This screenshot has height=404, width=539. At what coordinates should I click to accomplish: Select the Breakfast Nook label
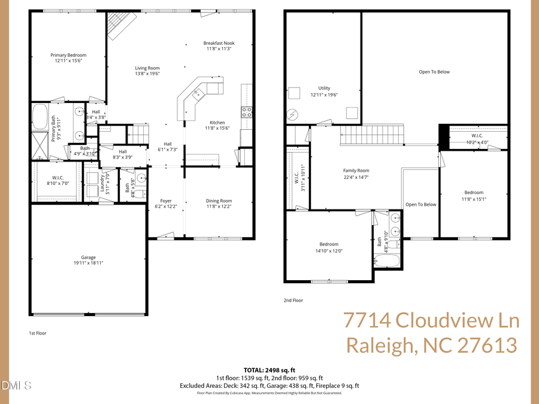click(x=219, y=43)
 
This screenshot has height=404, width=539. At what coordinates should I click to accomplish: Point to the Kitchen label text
click(x=217, y=122)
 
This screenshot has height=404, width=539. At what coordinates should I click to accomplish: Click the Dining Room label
click(x=219, y=201)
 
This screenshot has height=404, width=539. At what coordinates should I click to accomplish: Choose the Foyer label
click(x=166, y=201)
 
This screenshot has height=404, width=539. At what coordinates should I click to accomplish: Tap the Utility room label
click(x=324, y=88)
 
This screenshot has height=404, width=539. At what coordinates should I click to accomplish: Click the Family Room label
click(x=356, y=171)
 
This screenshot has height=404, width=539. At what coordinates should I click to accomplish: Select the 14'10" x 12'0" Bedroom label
click(x=329, y=244)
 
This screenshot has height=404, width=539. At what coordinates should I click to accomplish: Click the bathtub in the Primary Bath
click(x=40, y=117)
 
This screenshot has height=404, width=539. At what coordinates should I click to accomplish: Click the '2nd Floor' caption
click(x=293, y=301)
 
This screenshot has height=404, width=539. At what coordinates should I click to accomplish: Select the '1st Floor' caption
click(x=38, y=333)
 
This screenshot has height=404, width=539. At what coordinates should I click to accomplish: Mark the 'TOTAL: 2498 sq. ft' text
click(x=269, y=370)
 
